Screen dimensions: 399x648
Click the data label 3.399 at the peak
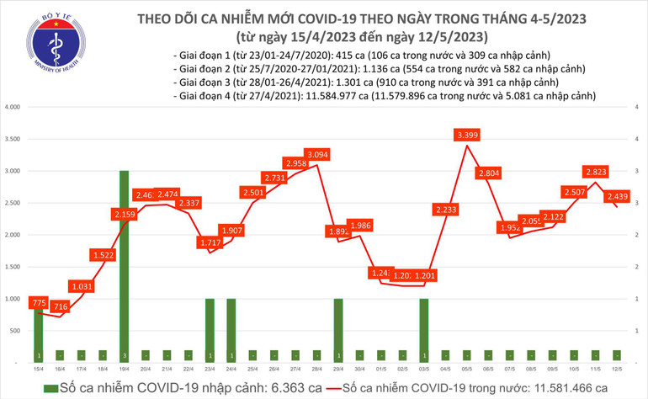point(466,135)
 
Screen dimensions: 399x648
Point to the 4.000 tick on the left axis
point(12,108)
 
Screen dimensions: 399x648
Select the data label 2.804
point(488,173)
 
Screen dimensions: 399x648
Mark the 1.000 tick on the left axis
point(12,299)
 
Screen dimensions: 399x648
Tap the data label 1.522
point(103,255)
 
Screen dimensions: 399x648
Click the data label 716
point(59,307)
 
